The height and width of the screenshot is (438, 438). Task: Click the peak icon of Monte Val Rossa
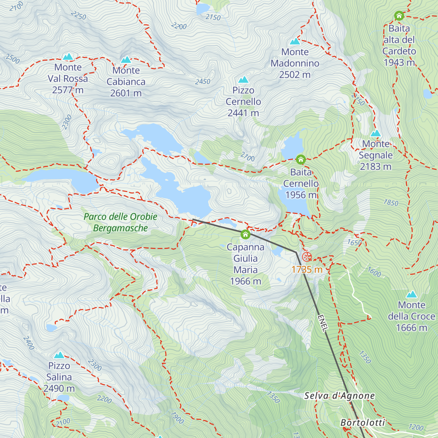[68, 57]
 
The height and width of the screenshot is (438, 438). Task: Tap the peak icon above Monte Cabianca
[126, 59]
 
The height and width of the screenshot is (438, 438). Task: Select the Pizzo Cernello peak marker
[243, 80]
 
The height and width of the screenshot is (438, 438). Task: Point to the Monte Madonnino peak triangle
[295, 41]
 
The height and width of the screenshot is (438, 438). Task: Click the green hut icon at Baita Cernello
[301, 160]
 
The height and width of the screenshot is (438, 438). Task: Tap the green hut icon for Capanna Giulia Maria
[245, 234]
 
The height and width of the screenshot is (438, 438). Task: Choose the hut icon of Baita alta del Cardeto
[399, 16]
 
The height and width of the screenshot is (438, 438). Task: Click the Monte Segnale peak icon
[376, 133]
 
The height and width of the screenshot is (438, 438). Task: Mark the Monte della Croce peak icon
[412, 294]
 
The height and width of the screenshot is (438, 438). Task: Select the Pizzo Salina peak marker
[59, 355]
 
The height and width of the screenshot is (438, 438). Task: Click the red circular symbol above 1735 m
[307, 256]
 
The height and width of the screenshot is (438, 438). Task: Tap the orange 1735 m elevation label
[307, 270]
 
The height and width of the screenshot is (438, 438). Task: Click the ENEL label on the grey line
[323, 323]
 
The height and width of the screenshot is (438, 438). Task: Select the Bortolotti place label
[363, 423]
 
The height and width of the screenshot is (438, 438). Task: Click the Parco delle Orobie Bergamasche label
[120, 222]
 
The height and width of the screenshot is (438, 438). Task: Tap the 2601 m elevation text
[126, 93]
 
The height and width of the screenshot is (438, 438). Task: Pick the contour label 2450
[203, 82]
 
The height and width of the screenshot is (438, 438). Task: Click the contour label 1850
[391, 203]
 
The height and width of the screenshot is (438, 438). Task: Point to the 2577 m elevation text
[68, 90]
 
